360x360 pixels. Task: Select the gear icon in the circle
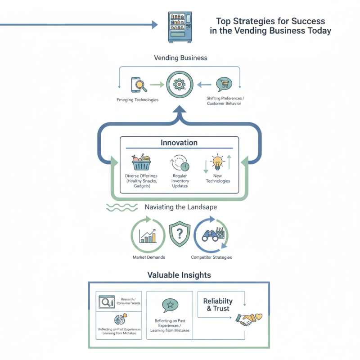click(x=180, y=84)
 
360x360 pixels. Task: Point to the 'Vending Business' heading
click(x=180, y=58)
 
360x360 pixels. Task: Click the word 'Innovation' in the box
click(x=179, y=142)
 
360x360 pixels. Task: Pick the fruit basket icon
click(x=141, y=162)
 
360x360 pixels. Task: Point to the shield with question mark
click(x=180, y=234)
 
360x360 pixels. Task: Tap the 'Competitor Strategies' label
click(x=211, y=257)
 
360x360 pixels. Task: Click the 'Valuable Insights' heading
click(x=179, y=274)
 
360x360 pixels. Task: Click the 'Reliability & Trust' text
click(x=218, y=305)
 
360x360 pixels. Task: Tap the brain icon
click(x=119, y=320)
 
